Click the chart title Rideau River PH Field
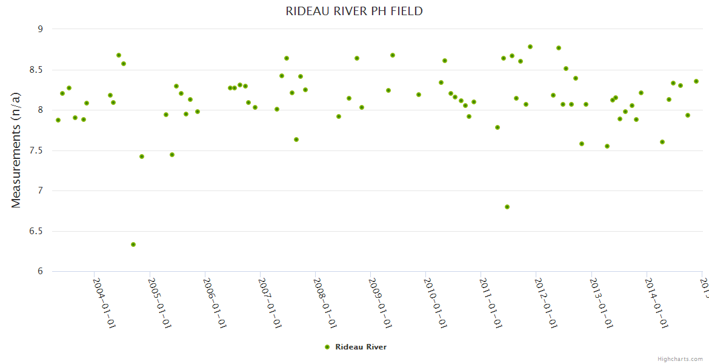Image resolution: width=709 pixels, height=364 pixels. (x=354, y=11)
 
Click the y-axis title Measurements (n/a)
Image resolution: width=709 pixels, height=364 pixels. (x=16, y=150)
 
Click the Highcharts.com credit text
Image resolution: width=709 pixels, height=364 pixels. (x=680, y=359)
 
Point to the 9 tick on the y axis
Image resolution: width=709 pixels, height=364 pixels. (x=40, y=29)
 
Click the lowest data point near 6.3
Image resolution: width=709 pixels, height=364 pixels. (x=133, y=244)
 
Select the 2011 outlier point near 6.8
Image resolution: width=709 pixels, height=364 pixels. (x=507, y=207)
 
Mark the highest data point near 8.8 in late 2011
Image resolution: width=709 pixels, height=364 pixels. (x=530, y=47)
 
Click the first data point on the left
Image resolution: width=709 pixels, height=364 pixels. (x=58, y=120)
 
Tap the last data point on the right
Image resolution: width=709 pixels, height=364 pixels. (x=696, y=81)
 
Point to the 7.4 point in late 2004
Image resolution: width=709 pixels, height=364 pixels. (x=142, y=157)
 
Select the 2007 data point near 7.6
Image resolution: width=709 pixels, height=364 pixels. (x=296, y=140)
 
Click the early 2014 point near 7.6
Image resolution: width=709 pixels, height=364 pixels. (x=662, y=142)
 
